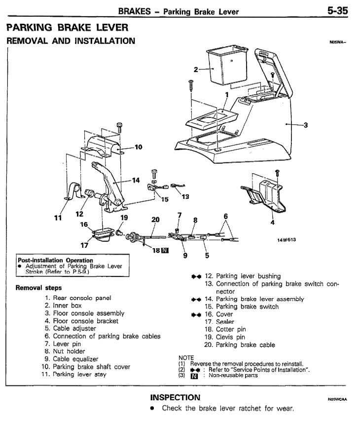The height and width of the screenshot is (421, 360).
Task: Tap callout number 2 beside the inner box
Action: point(196,70)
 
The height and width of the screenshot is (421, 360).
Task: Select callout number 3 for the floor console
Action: point(306,125)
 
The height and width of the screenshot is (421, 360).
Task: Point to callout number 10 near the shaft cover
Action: point(138,147)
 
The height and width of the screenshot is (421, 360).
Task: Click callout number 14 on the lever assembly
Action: point(136,180)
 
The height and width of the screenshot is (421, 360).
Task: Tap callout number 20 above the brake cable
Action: point(155,219)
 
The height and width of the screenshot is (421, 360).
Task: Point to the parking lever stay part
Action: point(74,192)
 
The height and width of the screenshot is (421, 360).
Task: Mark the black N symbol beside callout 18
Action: point(165,250)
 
